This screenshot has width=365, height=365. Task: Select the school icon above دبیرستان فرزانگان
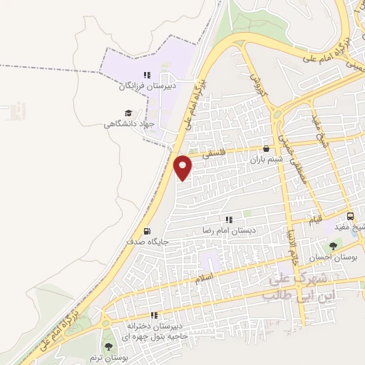click(147, 74)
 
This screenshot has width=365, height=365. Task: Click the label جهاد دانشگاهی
click(130, 124)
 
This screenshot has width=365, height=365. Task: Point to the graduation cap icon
click(128, 113)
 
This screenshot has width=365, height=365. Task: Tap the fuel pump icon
click(147, 231)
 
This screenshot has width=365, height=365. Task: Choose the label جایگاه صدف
click(148, 242)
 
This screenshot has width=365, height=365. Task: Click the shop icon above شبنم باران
click(267, 149)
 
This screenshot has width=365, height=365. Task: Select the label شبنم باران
click(267, 160)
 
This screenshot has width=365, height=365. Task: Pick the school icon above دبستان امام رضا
click(229, 220)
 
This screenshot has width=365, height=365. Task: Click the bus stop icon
click(350, 216)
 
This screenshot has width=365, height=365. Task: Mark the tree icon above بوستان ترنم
click(108, 345)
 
